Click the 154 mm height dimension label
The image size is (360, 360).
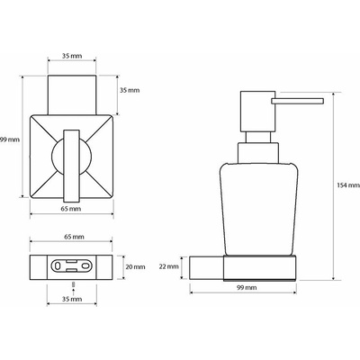point(347,185)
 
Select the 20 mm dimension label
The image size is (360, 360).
point(135,266)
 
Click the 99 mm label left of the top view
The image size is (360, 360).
point(10,139)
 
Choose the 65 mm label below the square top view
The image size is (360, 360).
point(71,209)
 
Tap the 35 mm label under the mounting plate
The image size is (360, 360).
point(72,299)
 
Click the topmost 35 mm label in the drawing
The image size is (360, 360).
point(72,56)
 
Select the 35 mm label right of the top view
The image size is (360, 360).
point(130,90)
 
